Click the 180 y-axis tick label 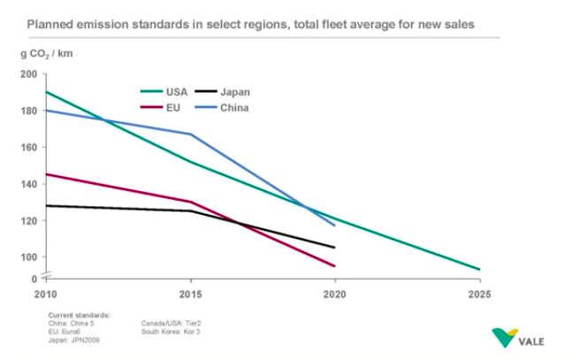pos(30,111)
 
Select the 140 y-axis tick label pos(30,184)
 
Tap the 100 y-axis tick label pos(30,257)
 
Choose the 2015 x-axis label pos(190,293)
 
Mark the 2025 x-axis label pos(478,293)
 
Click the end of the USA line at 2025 pos(479,269)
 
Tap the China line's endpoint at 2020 pos(334,225)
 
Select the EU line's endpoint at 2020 pos(334,265)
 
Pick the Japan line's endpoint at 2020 pos(334,247)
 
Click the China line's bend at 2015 pos(190,134)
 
